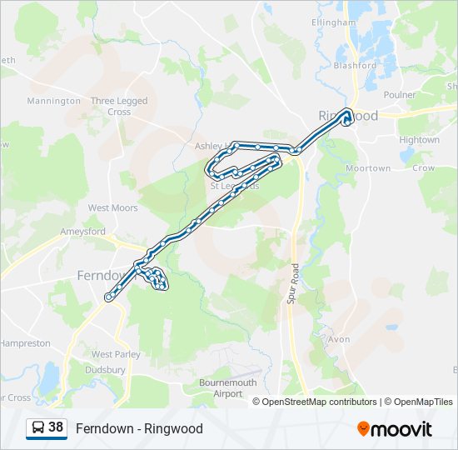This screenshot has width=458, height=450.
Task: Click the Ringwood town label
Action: pos(348,116)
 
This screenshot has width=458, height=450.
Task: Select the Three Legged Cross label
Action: pos(119,107)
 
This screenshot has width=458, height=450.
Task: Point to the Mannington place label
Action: pos(54,102)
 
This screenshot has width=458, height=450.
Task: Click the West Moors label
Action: pos(112,208)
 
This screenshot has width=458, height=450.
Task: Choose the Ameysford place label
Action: pos(82,232)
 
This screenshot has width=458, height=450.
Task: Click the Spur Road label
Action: pos(293,283)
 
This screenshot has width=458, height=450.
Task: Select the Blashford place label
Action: pos(355,66)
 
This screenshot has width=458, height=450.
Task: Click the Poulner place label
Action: pos(400,95)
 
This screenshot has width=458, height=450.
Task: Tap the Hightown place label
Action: pos(419,140)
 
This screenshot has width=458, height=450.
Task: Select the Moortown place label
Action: pos(368,168)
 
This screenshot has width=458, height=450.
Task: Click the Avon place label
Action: pos(339,340)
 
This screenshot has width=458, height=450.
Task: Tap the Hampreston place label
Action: pos(25,343)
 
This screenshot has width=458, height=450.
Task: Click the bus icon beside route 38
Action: pos(38,428)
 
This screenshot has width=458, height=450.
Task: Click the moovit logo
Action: pos(395,429)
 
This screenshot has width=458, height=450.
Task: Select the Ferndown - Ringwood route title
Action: pos(139,429)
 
